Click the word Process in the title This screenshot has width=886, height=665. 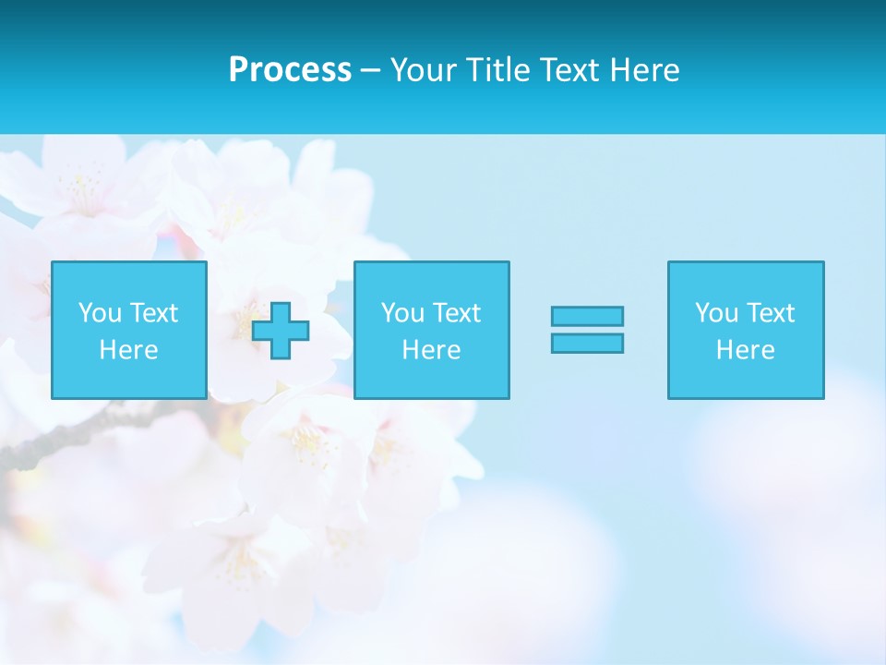coord(290,70)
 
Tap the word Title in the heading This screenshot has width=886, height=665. coord(497,70)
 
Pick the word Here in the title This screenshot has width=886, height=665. coord(647,70)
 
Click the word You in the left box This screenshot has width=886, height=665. coord(100,313)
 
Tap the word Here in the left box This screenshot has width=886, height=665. coord(129,350)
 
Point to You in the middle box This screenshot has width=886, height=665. coord(402,313)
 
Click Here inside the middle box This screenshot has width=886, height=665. coord(432,350)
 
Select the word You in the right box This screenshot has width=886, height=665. coord(716,313)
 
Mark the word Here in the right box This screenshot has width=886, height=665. coord(746,350)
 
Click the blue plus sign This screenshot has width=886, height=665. coord(281,331)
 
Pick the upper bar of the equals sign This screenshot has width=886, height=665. coord(587,316)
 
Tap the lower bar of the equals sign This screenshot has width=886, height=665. coord(587,343)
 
